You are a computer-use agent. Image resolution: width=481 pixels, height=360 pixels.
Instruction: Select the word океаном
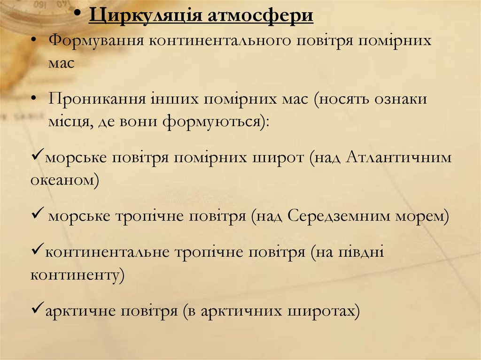63,181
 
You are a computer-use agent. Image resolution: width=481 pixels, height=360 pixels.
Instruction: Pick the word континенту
76,275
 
